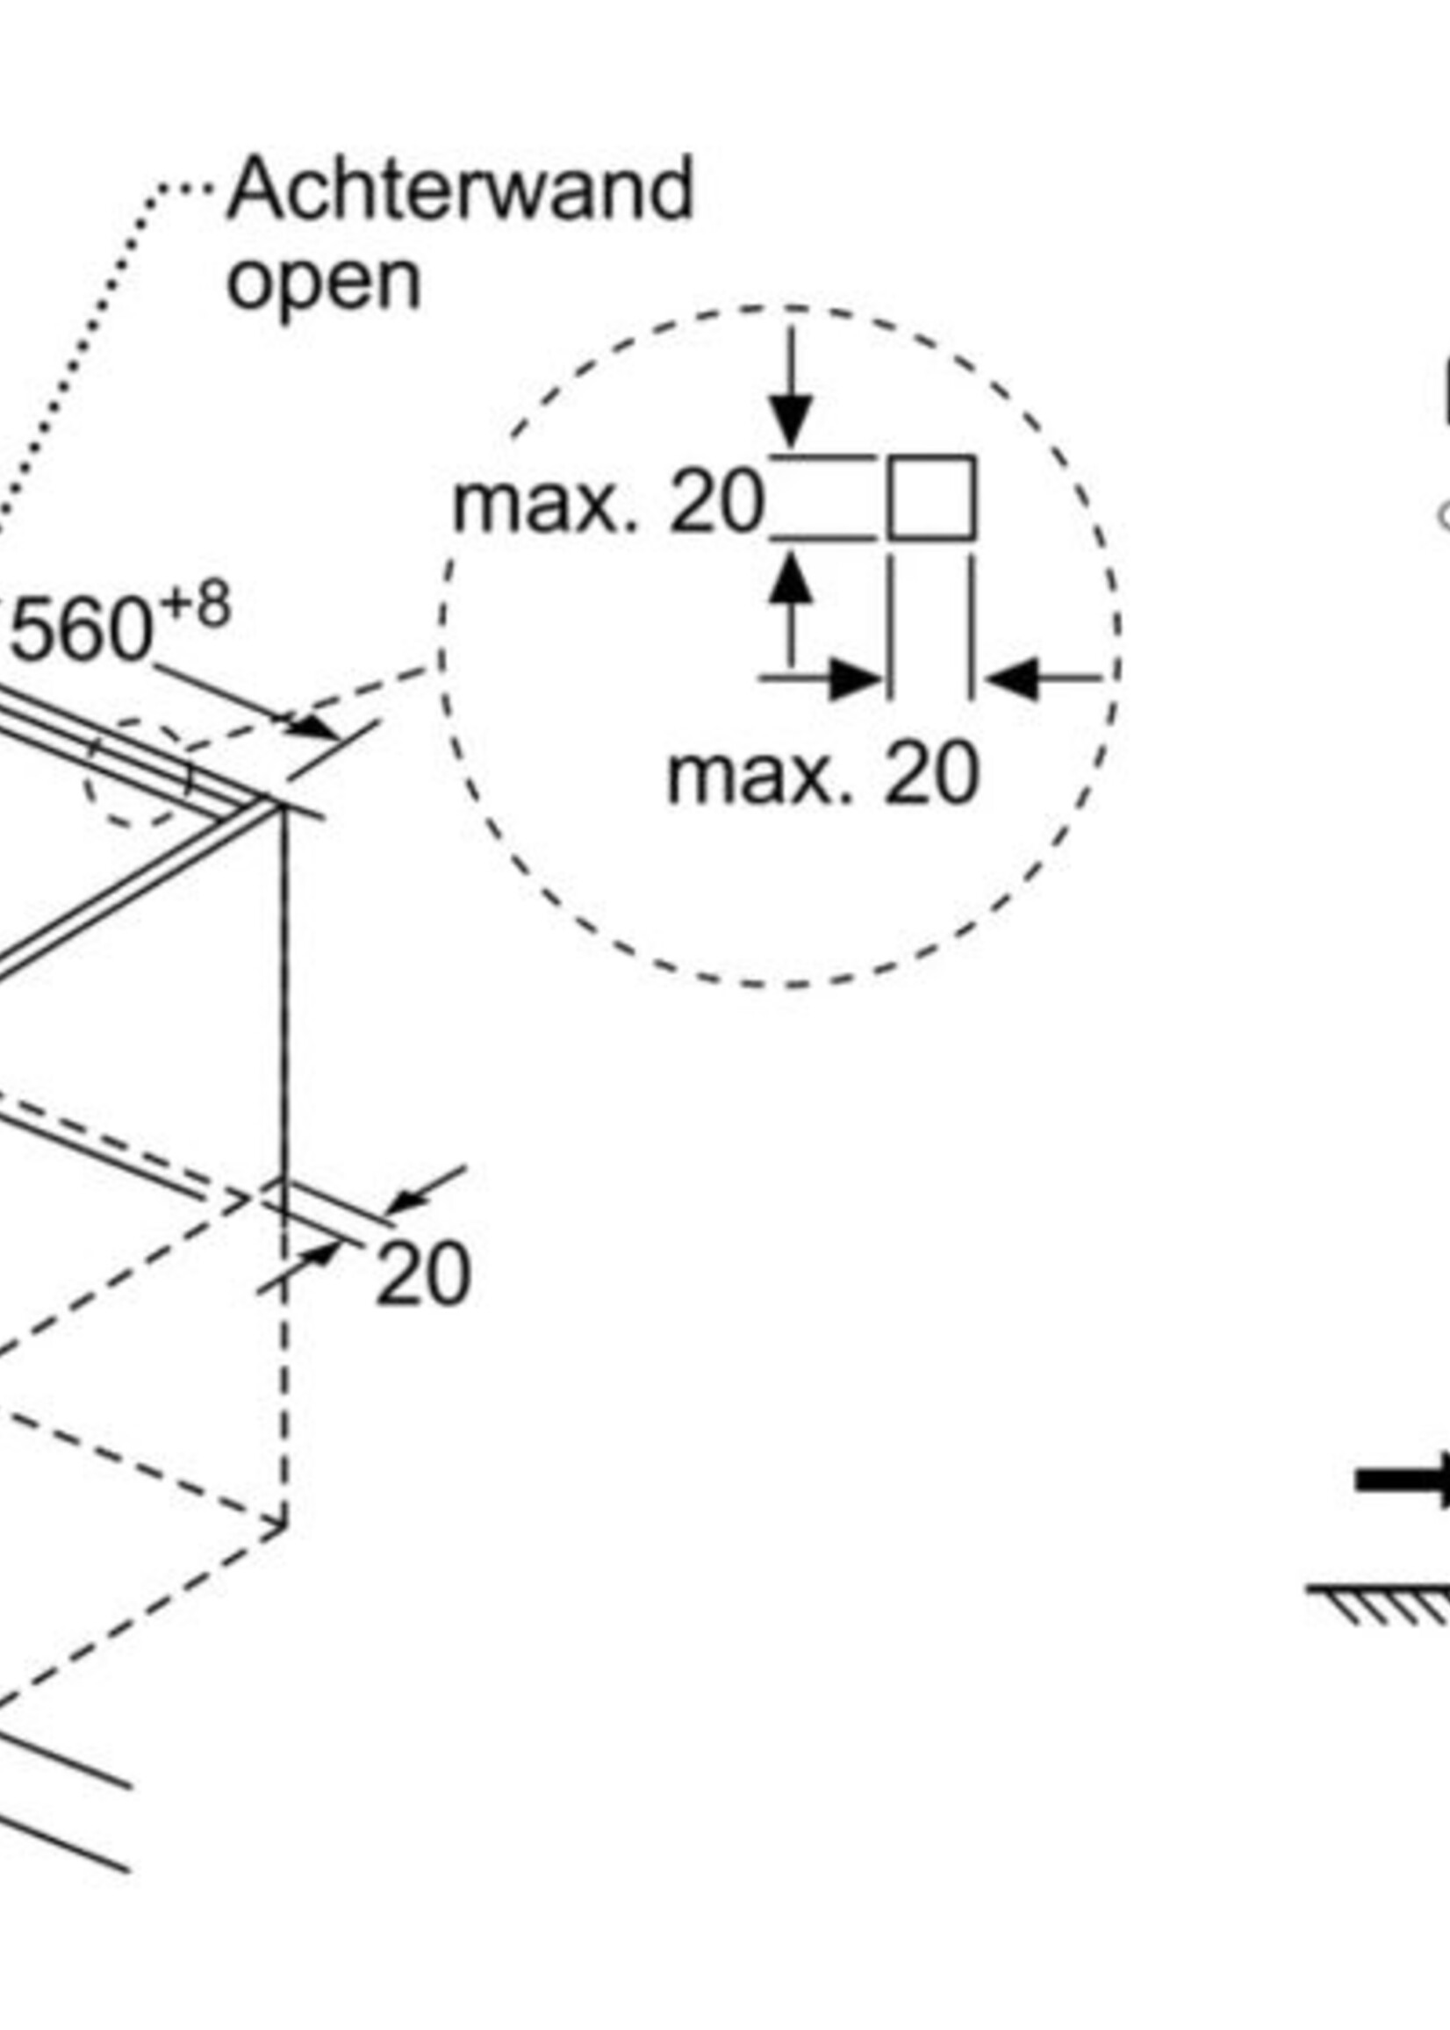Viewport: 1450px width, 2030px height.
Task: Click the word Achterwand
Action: point(460,189)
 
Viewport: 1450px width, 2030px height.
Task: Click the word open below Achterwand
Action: point(323,282)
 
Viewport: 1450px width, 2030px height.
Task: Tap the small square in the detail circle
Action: point(931,499)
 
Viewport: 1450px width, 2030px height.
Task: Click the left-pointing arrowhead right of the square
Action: point(1013,678)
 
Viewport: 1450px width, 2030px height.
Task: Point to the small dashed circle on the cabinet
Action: point(139,773)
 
